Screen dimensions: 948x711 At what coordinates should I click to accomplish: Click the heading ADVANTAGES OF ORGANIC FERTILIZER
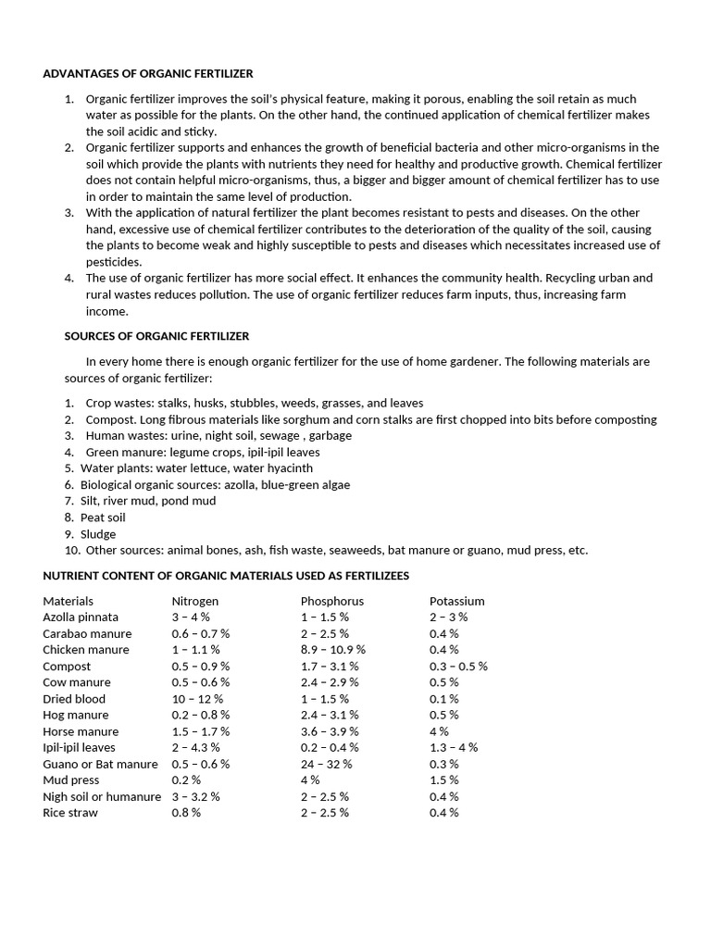coord(147,73)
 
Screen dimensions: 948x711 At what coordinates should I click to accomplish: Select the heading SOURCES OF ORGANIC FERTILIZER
coord(156,336)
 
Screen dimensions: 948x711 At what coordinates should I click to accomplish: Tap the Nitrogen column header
coord(195,601)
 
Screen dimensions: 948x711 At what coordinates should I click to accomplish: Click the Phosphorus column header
coord(332,601)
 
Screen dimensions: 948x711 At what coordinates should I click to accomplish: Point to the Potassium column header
coord(457,601)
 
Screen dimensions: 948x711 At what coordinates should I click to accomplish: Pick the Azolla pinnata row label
coord(81,617)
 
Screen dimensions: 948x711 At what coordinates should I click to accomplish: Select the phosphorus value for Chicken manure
coord(333,650)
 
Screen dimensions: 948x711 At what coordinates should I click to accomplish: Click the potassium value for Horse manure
coord(439,731)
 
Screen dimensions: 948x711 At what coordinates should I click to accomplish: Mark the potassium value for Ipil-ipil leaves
coord(454,747)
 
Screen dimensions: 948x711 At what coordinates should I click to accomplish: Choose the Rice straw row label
coord(70,813)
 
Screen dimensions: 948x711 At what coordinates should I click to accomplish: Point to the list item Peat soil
coord(103,518)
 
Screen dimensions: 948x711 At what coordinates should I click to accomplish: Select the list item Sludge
coord(98,534)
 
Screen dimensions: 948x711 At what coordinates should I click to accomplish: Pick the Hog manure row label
coord(76,715)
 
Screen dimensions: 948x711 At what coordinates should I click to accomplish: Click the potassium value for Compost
coord(458,666)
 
